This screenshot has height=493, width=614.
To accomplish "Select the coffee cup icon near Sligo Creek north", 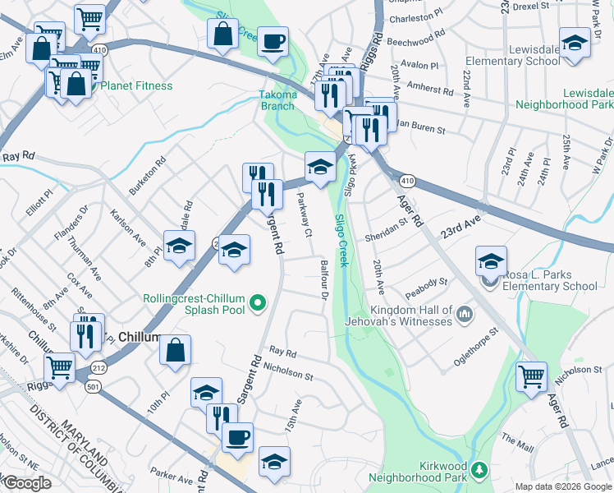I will tap(273, 40).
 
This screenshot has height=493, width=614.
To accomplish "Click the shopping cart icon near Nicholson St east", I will tap(531, 376).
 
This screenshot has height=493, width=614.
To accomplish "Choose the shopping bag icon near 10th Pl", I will tap(175, 350).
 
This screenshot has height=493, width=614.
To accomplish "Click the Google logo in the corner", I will tap(26, 483).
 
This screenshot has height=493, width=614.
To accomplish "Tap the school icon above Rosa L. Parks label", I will tap(491, 261).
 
